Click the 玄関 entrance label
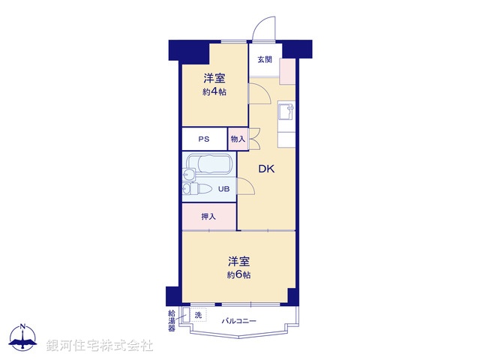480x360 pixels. point(264,60)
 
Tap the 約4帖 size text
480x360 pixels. point(214,91)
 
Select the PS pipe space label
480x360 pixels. point(203,139)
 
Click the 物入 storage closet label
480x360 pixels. point(238,139)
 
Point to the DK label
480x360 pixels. point(267,169)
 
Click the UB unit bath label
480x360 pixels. point(223,189)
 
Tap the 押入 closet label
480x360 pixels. point(208,217)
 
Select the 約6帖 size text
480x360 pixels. point(239,274)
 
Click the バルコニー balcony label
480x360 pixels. point(239,321)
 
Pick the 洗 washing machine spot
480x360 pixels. point(199,315)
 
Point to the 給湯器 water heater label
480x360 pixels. point(172,320)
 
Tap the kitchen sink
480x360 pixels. point(286,112)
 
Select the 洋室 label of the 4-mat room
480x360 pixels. point(214,78)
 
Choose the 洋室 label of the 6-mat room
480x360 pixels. point(239,261)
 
